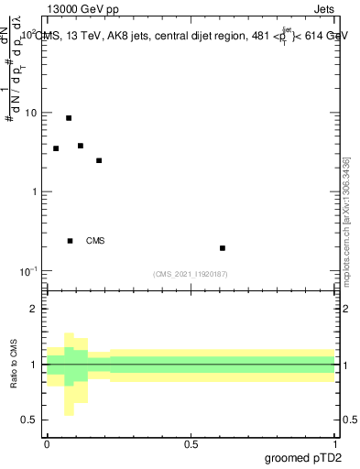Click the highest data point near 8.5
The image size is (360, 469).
pyautogui.click(x=69, y=118)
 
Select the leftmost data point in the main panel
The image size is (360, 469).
pyautogui.click(x=56, y=148)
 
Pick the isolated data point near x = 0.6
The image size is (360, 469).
pyautogui.click(x=223, y=248)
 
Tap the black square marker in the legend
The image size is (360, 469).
pyautogui.click(x=71, y=241)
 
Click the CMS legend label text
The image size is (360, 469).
pyautogui.click(x=95, y=241)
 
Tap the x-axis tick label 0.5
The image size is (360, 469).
pyautogui.click(x=191, y=443)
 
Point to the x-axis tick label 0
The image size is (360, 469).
pyautogui.click(x=47, y=443)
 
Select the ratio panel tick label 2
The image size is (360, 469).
pyautogui.click(x=35, y=309)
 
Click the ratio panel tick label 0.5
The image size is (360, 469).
pyautogui.click(x=29, y=420)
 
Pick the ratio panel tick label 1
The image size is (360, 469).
pyautogui.click(x=35, y=365)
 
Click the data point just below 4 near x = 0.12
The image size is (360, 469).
pyautogui.click(x=81, y=146)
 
